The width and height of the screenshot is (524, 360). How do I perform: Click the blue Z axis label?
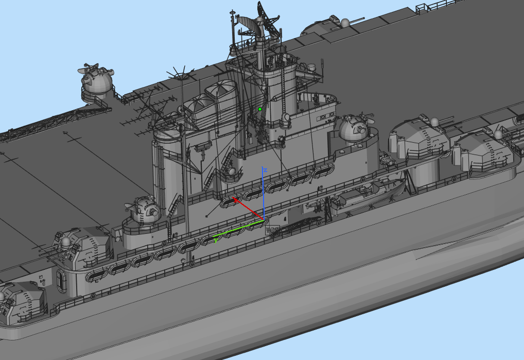click(x=265, y=169)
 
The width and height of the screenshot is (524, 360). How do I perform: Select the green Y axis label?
click(x=216, y=240)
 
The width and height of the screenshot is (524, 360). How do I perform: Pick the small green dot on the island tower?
click(x=260, y=109)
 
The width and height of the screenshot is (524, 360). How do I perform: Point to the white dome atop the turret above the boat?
click(x=434, y=122)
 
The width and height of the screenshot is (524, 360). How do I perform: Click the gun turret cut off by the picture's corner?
click(x=21, y=304)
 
